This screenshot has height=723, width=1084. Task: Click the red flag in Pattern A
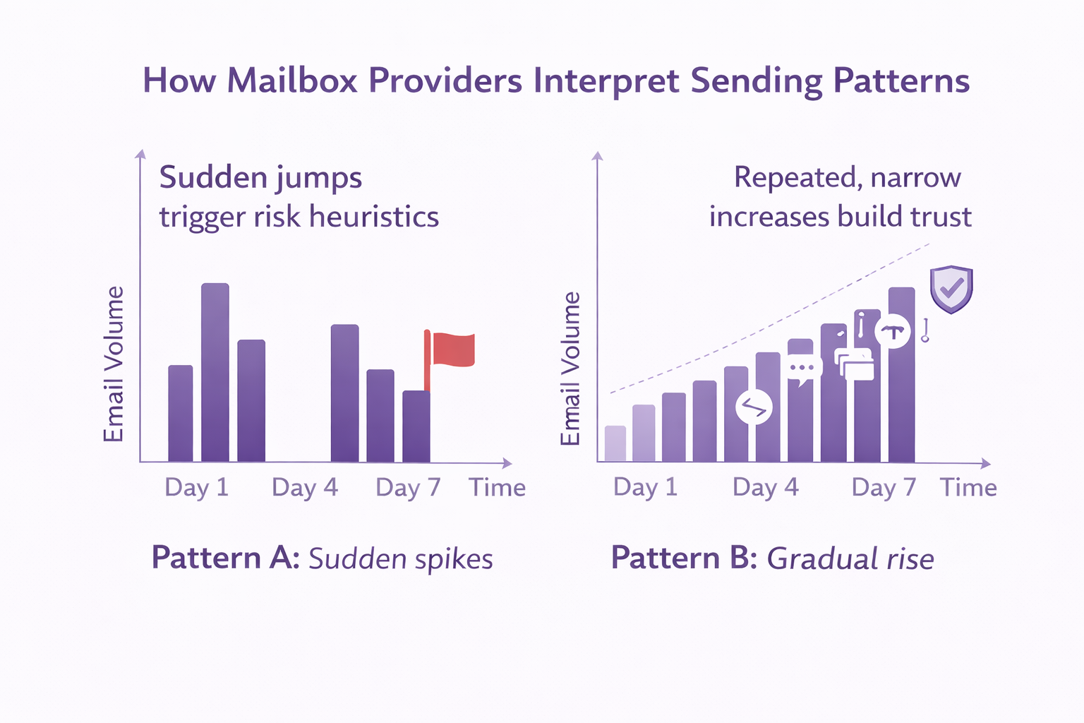tap(452, 349)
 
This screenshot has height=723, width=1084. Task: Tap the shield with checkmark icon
tap(951, 289)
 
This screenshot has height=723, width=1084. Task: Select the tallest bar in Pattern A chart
tap(215, 372)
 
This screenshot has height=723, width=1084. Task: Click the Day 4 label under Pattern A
tap(305, 488)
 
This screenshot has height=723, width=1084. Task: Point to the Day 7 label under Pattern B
tap(884, 488)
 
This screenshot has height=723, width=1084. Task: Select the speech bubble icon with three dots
tap(804, 369)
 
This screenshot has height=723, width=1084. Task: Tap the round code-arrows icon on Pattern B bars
tap(754, 407)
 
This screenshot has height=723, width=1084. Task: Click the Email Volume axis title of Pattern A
tap(114, 364)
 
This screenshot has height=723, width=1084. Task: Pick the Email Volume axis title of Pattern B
tap(570, 369)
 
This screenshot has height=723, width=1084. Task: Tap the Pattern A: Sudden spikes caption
tap(322, 558)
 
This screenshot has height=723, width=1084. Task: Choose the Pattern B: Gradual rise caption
tap(772, 558)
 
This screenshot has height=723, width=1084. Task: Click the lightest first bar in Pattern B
tap(615, 444)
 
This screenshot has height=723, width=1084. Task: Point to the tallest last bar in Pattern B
tap(901, 375)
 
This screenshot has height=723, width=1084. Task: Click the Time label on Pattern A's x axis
tap(498, 488)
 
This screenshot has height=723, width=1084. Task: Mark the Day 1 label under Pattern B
tap(645, 488)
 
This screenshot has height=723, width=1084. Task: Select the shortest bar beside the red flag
tap(416, 426)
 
